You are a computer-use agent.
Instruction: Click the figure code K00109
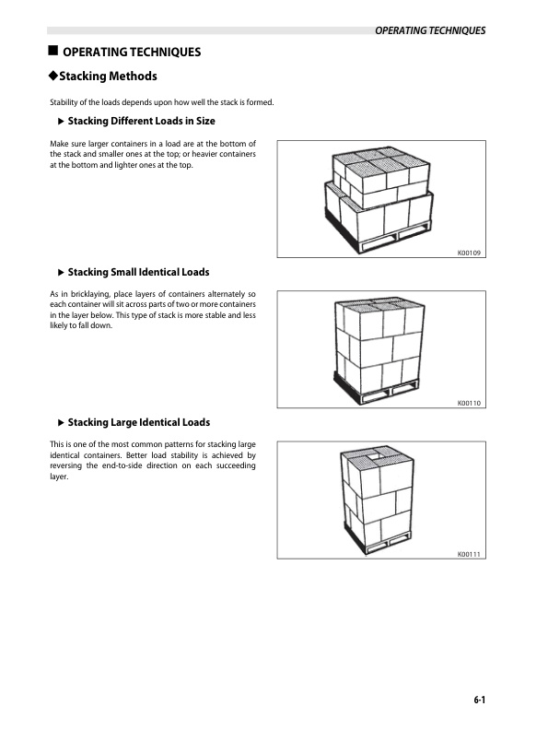coord(469,253)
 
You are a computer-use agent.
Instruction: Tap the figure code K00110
coord(469,403)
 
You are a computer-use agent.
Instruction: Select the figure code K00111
coord(469,554)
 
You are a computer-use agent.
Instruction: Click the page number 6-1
coord(480,700)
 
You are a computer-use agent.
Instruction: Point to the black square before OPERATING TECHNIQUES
coord(53,51)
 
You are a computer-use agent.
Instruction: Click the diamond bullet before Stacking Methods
coord(53,76)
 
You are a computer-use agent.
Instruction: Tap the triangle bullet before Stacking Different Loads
coord(61,122)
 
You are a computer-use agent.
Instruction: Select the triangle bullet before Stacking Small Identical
coord(61,272)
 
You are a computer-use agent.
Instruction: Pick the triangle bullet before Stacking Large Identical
coord(61,423)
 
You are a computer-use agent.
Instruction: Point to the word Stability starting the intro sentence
coord(63,102)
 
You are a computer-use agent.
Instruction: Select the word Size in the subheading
coord(205,121)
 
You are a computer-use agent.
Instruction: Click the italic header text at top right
coord(430,30)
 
